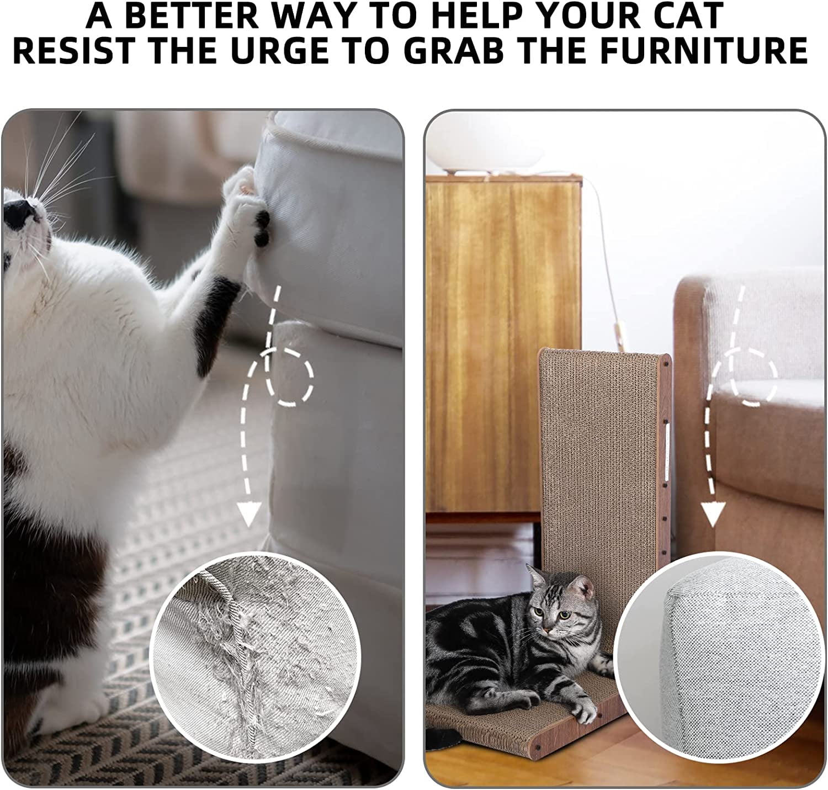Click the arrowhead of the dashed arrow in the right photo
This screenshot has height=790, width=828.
(713, 514)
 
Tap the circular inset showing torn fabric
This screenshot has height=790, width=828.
(255, 658)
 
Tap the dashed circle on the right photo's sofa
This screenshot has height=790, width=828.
(753, 377)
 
